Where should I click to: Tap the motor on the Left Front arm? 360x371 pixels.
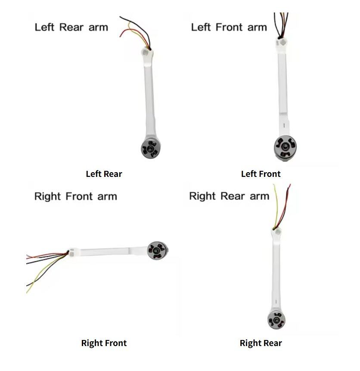coord(285,148)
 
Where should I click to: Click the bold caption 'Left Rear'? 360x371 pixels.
coord(104,174)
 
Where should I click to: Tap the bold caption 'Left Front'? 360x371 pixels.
coord(261,174)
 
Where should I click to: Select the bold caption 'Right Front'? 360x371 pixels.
coord(104,343)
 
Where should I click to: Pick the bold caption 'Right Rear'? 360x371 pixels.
coord(261,343)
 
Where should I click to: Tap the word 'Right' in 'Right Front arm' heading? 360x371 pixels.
coord(48,197)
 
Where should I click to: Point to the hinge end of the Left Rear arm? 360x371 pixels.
coord(146,54)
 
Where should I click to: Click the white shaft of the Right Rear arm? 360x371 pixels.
coord(276,275)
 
